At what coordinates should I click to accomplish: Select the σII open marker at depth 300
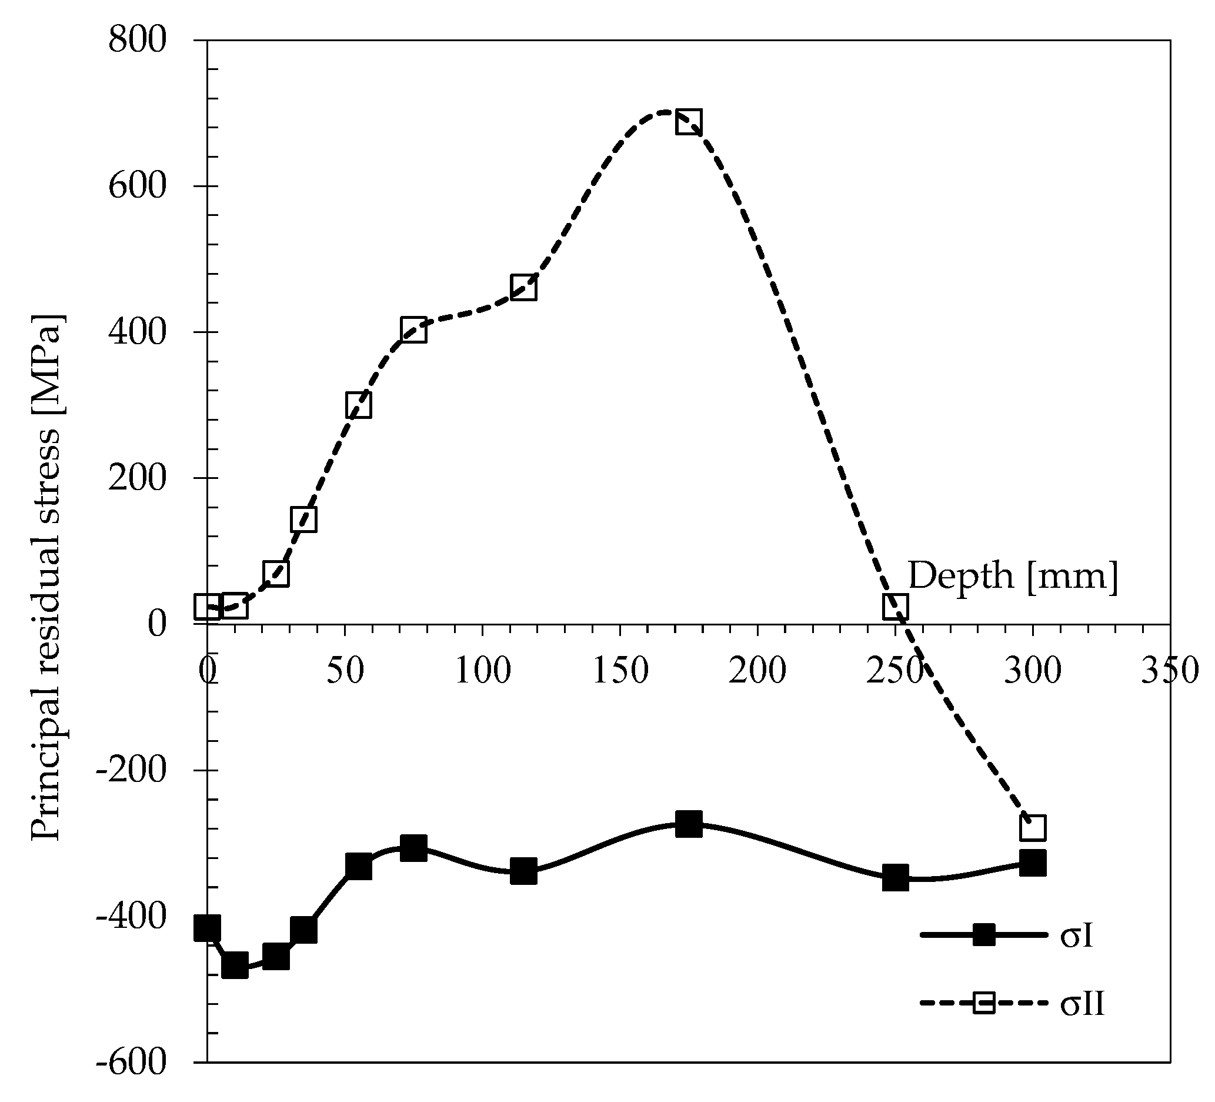[x=1032, y=828]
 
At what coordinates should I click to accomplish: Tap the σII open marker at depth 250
[x=896, y=607]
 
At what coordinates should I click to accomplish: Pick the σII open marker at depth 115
[x=524, y=288]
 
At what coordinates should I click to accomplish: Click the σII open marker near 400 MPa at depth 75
[x=413, y=330]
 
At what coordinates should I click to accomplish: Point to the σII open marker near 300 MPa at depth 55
[x=359, y=405]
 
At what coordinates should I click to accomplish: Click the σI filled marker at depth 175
[x=688, y=824]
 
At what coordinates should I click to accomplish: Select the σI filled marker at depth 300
[x=1032, y=863]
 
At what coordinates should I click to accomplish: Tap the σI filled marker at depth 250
[x=896, y=878]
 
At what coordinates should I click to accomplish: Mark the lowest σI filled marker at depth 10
[x=235, y=964]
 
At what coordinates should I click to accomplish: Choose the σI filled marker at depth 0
[x=208, y=928]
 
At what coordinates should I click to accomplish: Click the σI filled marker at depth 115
[x=524, y=871]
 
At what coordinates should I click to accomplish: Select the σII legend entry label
[x=1083, y=1004]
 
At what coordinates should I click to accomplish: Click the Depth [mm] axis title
[x=1013, y=576]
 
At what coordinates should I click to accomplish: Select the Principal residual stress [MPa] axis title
[x=47, y=577]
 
